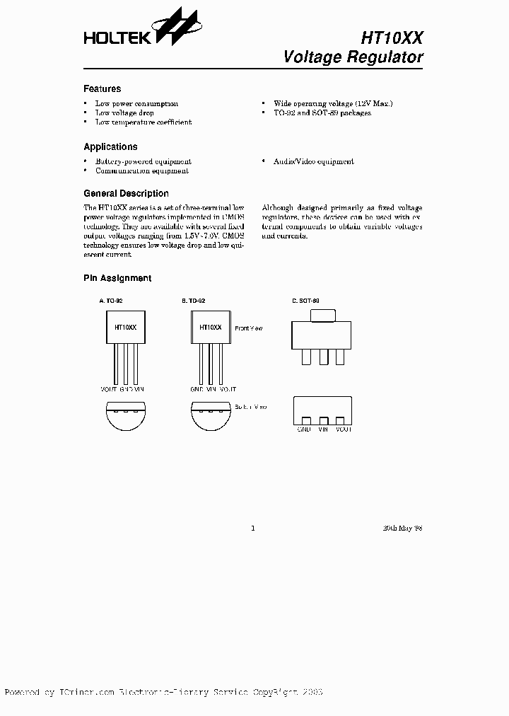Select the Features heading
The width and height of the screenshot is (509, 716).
point(102,89)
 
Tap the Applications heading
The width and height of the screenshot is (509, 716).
point(110,147)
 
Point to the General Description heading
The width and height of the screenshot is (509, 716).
point(126,193)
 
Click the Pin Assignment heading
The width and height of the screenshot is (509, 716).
point(117,279)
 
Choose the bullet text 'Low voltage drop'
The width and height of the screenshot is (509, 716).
point(124,113)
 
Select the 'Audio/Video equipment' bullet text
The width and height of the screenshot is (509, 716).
point(314,162)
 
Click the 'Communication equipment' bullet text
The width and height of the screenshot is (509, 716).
point(141,171)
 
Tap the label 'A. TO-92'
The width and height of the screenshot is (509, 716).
point(111,301)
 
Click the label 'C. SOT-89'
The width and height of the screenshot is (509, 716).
point(305,301)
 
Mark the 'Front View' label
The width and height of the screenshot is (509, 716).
point(248,329)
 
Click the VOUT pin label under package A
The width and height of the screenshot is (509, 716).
point(109,390)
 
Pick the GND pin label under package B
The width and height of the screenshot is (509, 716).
point(197,390)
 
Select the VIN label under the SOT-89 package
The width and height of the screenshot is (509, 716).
point(324,429)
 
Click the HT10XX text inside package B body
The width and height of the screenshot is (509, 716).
point(210,328)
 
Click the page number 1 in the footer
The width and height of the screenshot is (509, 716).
point(253,528)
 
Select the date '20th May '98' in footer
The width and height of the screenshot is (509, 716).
point(402,528)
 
